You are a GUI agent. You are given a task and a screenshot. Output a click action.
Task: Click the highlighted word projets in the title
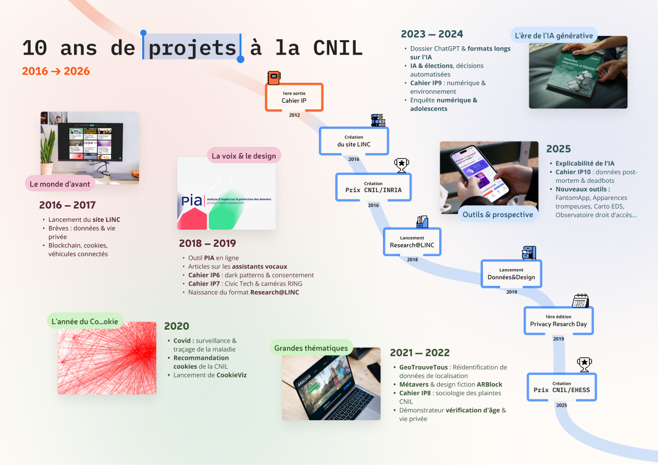tap(192, 48)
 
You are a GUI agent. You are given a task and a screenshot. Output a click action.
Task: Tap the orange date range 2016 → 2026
tap(56, 71)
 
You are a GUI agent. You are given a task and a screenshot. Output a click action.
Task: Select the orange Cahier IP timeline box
tap(294, 97)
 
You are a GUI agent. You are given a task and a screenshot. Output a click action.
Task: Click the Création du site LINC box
tap(354, 141)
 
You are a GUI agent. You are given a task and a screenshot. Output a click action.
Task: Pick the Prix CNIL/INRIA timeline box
tap(373, 187)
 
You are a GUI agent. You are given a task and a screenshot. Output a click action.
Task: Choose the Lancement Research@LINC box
tap(412, 242)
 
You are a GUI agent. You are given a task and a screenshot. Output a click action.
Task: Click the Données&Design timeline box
tap(511, 274)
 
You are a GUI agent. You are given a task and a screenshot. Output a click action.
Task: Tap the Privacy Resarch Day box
tap(558, 321)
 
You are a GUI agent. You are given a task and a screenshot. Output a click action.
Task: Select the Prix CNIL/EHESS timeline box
tap(562, 387)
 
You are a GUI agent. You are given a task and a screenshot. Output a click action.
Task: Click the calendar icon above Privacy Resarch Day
tap(580, 300)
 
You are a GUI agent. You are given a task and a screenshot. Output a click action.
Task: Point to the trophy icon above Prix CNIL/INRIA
tap(401, 166)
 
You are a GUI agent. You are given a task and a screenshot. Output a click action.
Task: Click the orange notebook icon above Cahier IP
tap(274, 78)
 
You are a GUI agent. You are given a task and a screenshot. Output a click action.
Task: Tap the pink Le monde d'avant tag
tap(60, 183)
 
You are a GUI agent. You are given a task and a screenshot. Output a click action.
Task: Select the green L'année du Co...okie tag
tap(85, 321)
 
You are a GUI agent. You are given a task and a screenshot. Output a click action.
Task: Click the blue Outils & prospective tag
tap(498, 214)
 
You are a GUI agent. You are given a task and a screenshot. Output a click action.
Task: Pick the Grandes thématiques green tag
tap(311, 348)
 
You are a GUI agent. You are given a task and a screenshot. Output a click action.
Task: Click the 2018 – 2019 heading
tap(207, 243)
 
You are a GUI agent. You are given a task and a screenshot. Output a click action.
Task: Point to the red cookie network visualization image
tap(107, 358)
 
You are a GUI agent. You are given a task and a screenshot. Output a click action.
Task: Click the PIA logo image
tap(226, 194)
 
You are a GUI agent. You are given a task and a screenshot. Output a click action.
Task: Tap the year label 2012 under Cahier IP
tap(294, 115)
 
